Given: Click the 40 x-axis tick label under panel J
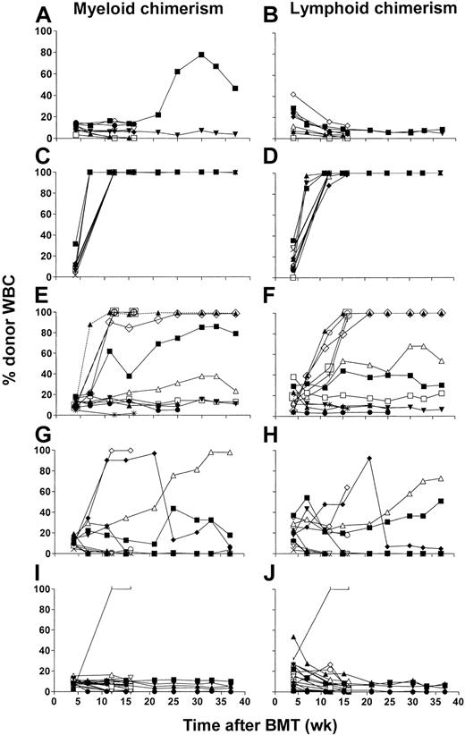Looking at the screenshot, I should [x=454, y=704].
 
